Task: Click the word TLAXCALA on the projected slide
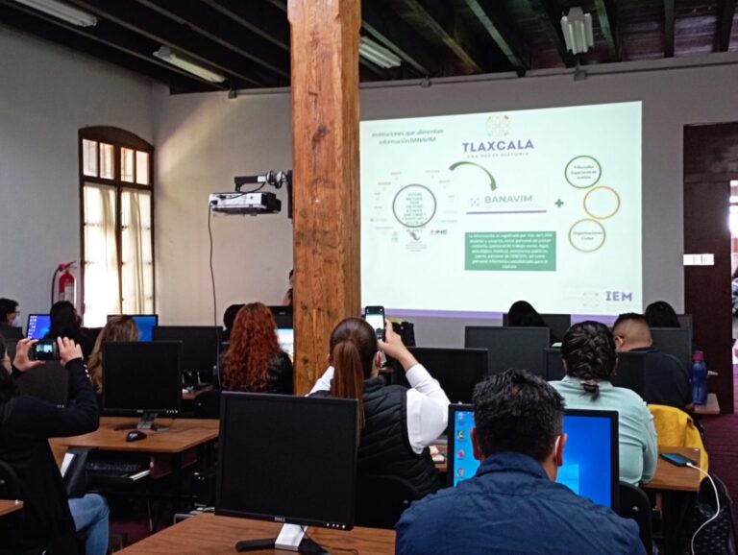point(497,147)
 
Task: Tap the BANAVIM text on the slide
point(508,201)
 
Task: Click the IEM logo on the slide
point(618,297)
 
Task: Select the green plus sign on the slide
point(558,204)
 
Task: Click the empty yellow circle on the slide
point(602,202)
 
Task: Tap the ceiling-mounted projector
point(246,201)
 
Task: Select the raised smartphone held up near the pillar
point(375,321)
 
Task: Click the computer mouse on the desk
point(135,435)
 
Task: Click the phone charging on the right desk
point(676,460)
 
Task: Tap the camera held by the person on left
point(45,350)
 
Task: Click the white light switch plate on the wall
point(699,259)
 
